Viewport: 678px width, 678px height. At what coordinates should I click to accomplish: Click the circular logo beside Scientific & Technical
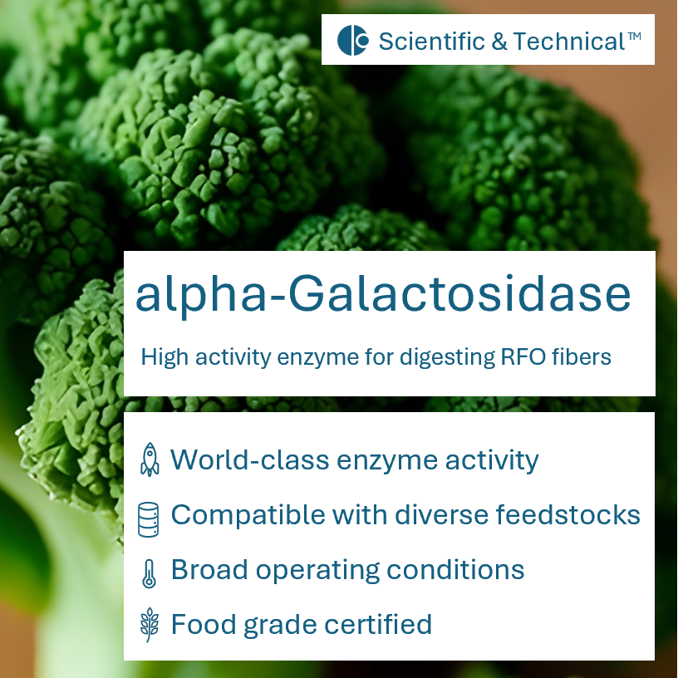point(352,41)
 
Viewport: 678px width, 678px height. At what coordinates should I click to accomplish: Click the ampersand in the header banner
point(499,41)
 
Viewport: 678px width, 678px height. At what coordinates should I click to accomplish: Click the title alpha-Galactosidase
point(382,295)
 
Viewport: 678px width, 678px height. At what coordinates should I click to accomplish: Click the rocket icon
point(150,459)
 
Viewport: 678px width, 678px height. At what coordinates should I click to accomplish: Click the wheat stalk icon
point(149,625)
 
